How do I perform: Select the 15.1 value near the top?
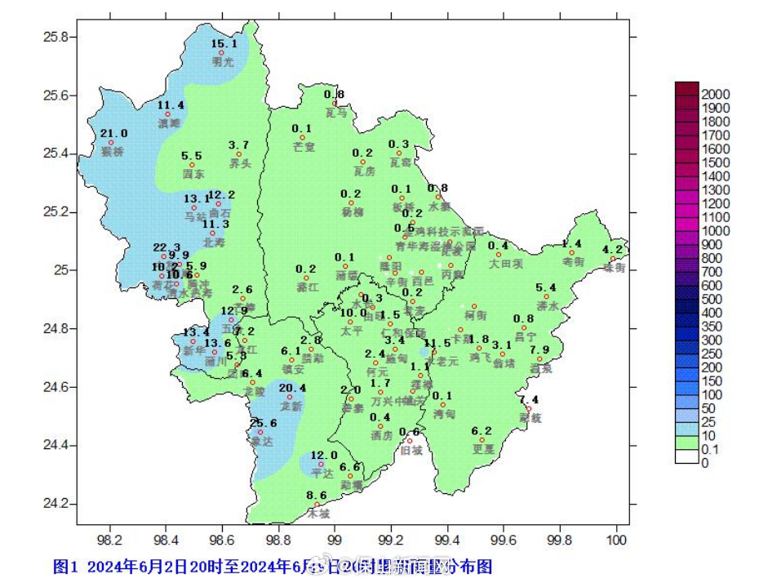coord(224,44)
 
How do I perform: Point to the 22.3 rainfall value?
coord(166,247)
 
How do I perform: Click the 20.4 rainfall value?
coord(292,388)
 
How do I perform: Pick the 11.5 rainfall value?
coord(437,343)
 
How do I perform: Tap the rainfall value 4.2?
coord(612,250)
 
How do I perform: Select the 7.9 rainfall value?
coord(539,350)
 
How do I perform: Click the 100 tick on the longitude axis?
coord(617,540)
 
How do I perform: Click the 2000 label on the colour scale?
coord(715,95)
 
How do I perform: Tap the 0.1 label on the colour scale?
coord(708,450)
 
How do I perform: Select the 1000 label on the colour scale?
coord(715,231)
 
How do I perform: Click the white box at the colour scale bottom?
coord(687,456)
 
